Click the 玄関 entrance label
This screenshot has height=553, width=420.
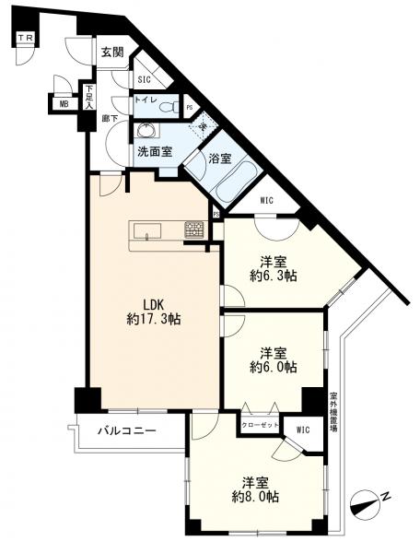coord(112,52)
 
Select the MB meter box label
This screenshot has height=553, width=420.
coord(64,104)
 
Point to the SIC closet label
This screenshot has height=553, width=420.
coord(144,80)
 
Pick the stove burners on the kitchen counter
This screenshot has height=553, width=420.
coord(194,230)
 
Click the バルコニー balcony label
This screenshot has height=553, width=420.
coord(127,431)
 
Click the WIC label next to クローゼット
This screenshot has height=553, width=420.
coord(303,428)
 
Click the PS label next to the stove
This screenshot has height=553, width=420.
coord(215,214)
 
